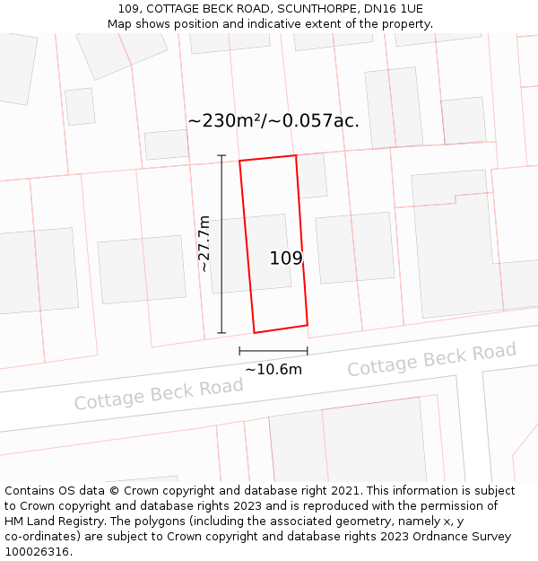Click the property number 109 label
coord(286,259)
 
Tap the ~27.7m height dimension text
coord(204,243)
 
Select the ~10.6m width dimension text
coord(273,369)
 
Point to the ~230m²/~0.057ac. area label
coord(273,120)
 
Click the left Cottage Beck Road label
coord(159,393)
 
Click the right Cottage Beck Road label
coord(431,359)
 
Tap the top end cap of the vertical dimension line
coord(221,155)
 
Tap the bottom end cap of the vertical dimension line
coord(221,333)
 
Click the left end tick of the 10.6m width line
coord(239,351)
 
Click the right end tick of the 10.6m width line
coord(308,351)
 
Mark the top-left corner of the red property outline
coord(239,162)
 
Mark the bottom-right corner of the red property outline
coord(308,325)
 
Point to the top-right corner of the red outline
coord(296,155)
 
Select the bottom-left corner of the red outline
coord(254,333)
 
